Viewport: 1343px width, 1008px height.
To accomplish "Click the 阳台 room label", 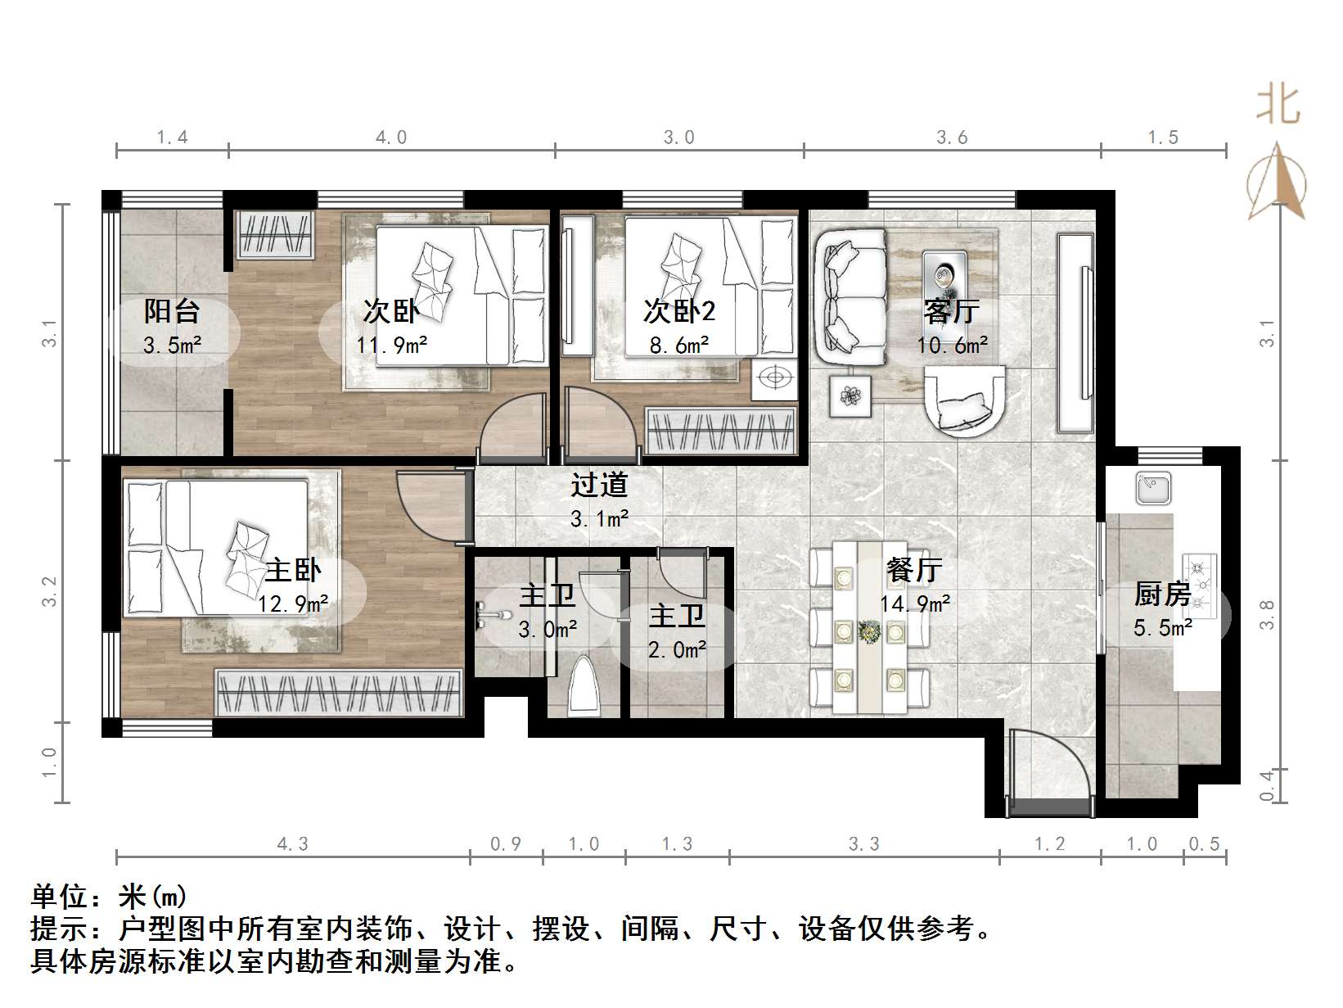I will tap(172, 311).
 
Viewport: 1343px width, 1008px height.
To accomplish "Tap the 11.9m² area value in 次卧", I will tap(391, 346).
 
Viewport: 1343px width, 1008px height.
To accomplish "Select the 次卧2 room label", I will tap(678, 311).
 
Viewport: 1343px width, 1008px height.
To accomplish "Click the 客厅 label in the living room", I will tap(951, 311).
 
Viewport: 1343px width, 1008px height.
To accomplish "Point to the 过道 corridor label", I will tap(599, 486).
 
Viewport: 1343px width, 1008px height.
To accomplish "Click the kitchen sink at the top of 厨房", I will tap(1153, 489).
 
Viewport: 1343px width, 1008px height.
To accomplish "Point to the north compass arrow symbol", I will tap(1277, 182).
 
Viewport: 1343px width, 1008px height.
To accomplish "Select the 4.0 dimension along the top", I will tap(391, 138).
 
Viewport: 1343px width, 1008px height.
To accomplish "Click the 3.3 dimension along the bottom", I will tap(863, 844).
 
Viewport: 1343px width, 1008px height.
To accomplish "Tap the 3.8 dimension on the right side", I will tap(1268, 614).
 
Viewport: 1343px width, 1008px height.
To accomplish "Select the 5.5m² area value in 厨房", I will tap(1162, 629).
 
